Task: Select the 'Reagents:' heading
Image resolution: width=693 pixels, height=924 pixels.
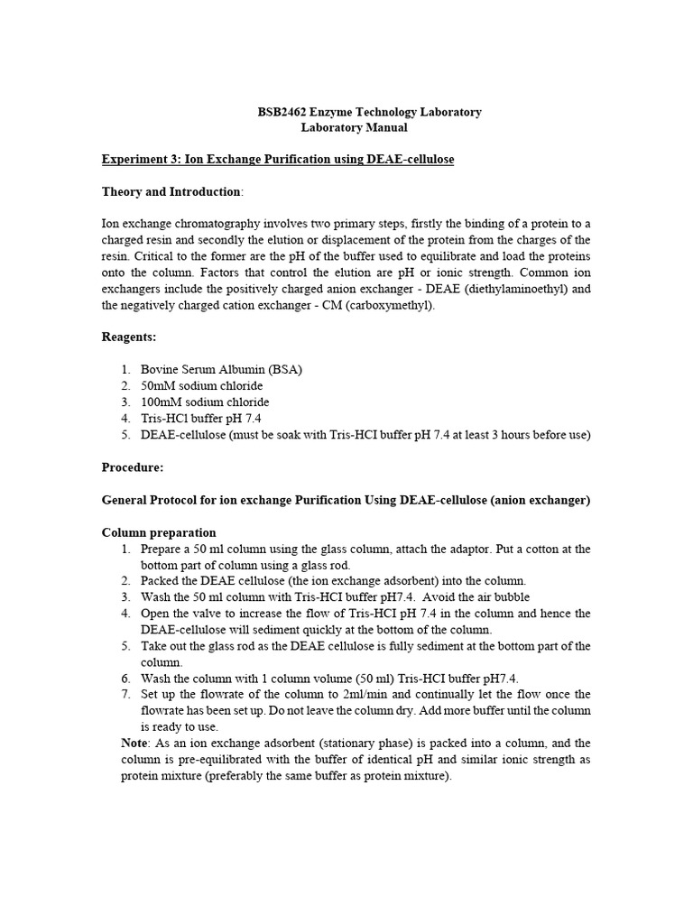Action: [x=129, y=337]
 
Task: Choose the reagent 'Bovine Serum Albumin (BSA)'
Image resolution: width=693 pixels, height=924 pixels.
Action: [x=222, y=369]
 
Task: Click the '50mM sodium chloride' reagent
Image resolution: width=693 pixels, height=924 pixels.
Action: [x=199, y=385]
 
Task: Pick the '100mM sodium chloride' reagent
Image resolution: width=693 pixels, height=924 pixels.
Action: [x=205, y=402]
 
